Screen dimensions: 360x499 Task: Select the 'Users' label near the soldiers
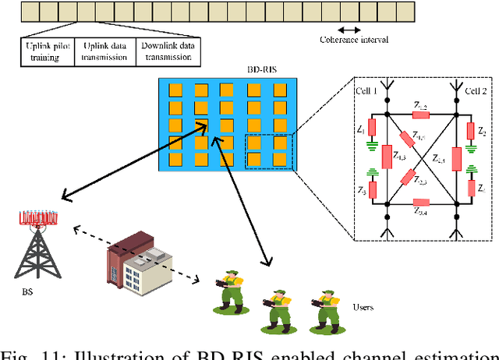pyautogui.click(x=364, y=306)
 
